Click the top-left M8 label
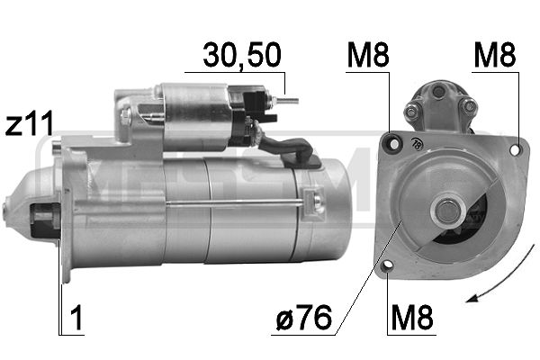point(368,56)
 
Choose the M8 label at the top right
point(496,56)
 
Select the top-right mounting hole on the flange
point(515,149)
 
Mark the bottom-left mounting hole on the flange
point(387,265)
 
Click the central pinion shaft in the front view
point(445,212)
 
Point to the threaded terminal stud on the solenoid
point(288,100)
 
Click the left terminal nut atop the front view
point(411,111)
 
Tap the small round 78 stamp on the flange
point(417,142)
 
